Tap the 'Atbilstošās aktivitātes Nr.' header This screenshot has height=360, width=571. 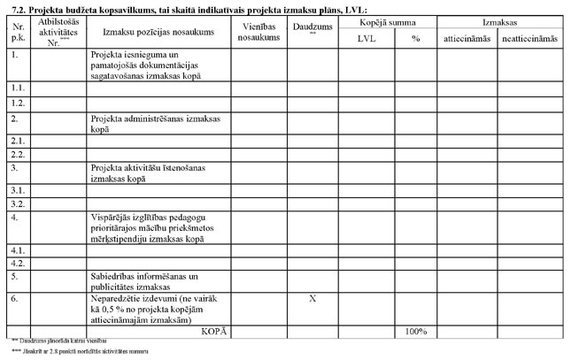click(59, 32)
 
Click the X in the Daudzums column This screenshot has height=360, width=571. click(313, 299)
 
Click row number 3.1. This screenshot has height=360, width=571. click(17, 190)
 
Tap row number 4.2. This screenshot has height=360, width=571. click(17, 264)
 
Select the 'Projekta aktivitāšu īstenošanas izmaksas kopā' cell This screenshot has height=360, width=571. click(147, 172)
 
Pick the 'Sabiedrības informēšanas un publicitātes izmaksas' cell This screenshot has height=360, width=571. click(146, 281)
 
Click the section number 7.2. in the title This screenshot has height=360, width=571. click(15, 8)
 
